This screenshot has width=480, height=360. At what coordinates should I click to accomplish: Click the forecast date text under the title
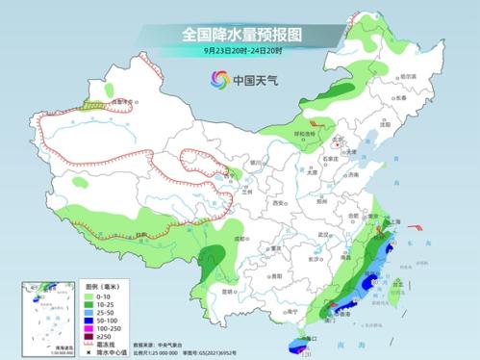240,50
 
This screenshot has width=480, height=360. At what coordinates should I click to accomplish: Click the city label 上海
392,220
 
